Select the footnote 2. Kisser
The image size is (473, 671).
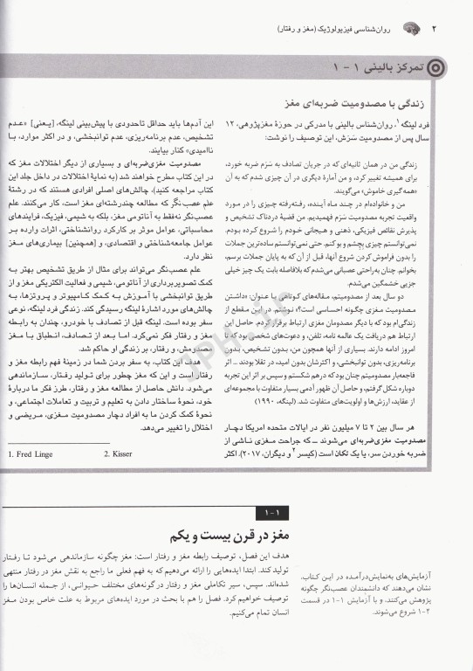tap(119, 454)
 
